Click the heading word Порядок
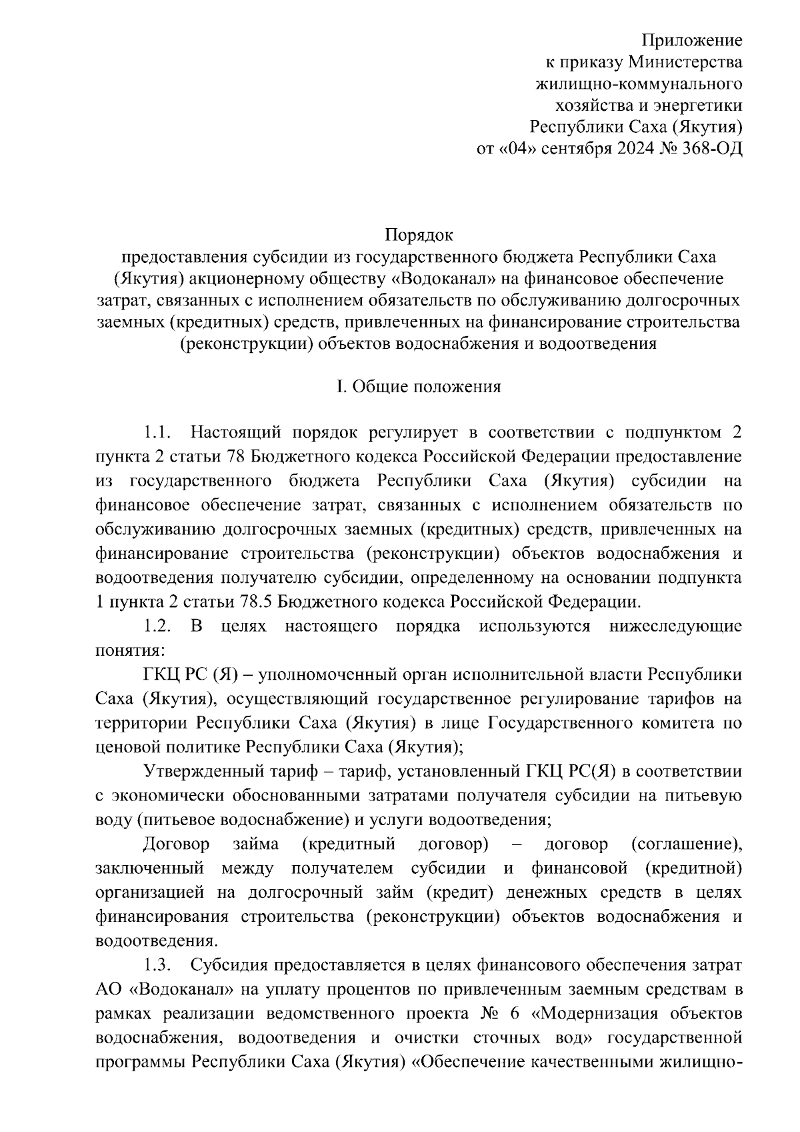pyautogui.click(x=419, y=235)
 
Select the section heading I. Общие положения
pyautogui.click(x=419, y=388)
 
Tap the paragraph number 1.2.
pyautogui.click(x=159, y=626)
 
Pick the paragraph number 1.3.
pyautogui.click(x=159, y=966)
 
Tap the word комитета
pyautogui.click(x=678, y=723)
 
